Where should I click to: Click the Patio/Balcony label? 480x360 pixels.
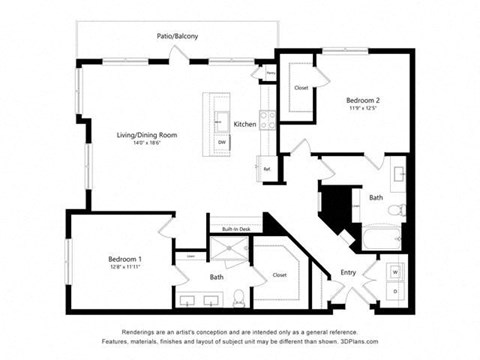tap(176, 36)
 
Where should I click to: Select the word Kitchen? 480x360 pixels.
tap(245, 124)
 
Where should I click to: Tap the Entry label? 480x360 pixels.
tap(347, 272)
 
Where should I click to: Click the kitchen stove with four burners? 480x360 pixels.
tap(268, 121)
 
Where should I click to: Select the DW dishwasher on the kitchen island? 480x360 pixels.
tap(219, 142)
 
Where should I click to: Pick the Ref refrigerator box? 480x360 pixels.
tap(267, 169)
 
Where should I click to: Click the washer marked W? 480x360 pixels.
tap(393, 271)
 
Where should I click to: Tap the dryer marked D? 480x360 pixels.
tap(393, 292)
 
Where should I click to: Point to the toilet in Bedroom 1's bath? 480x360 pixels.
tap(238, 296)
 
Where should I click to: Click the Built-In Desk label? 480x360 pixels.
tap(236, 229)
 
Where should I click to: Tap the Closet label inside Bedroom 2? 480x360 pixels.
tap(301, 88)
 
